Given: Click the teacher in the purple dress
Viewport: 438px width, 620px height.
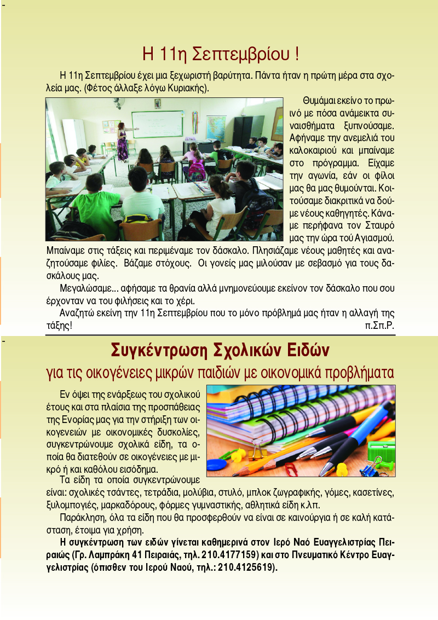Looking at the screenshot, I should pos(122,142).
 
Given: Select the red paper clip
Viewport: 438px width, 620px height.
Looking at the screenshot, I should pos(291,469).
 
